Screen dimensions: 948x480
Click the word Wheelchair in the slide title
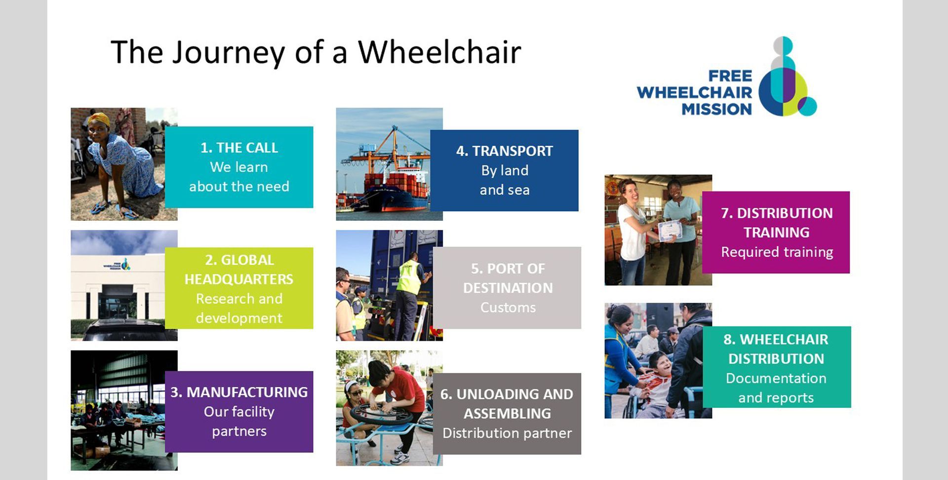pos(439,51)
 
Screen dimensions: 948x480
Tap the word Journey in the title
pos(228,53)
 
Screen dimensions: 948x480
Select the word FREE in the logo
pos(730,76)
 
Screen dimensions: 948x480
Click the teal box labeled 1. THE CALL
pos(239,167)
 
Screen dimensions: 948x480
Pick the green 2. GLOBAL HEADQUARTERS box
pos(239,288)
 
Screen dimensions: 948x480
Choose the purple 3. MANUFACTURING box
pos(239,411)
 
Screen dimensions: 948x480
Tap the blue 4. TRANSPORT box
pos(504,170)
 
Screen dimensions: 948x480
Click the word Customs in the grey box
pos(508,308)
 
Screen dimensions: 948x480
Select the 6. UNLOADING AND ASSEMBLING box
pos(507,413)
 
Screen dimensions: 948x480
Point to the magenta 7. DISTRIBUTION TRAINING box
pos(776,232)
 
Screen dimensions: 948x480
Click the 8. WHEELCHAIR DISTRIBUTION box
pos(777,367)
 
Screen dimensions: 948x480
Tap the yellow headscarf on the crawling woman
pos(99,119)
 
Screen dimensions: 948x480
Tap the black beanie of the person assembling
pos(380,370)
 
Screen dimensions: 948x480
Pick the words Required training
pos(777,252)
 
